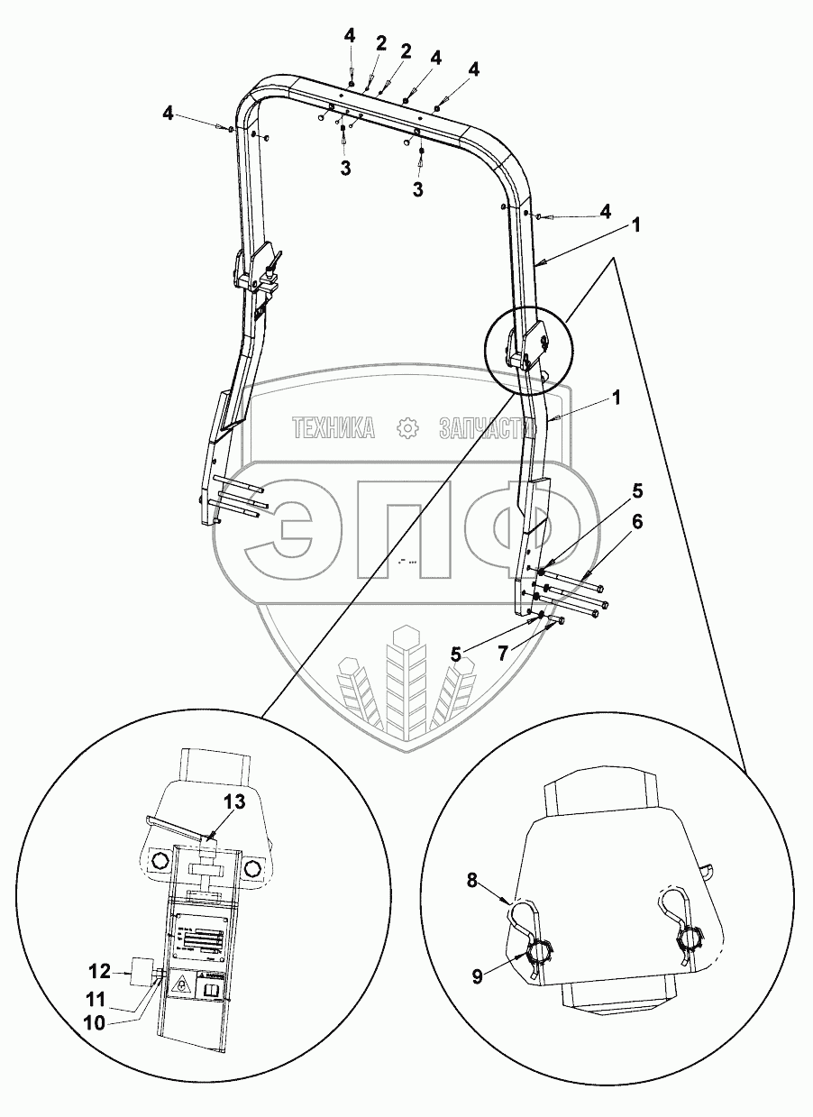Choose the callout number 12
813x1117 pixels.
click(x=100, y=972)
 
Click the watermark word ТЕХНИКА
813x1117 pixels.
click(x=333, y=428)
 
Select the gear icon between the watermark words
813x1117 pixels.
click(x=408, y=428)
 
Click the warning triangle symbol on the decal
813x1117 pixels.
click(x=182, y=986)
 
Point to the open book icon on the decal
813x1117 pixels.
click(x=212, y=989)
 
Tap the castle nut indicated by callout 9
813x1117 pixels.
click(x=537, y=953)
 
